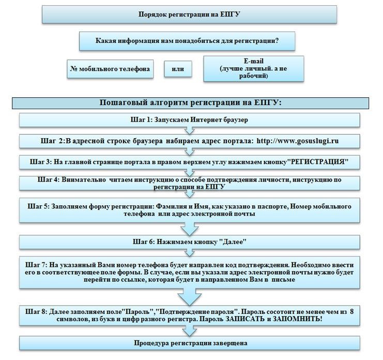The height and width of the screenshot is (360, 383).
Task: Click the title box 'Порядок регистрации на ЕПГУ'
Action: [x=189, y=14]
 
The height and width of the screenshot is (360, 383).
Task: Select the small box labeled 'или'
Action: [x=178, y=69]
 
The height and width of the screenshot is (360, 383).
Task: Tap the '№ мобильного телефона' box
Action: [x=110, y=69]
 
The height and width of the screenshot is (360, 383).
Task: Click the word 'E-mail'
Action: [x=254, y=61]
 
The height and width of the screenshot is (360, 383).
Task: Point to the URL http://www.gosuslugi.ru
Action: [x=298, y=141]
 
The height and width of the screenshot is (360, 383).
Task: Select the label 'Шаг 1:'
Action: [x=142, y=120]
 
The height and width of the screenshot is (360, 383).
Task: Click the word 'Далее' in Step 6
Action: [x=233, y=242]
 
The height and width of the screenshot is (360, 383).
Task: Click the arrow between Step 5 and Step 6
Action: [x=190, y=229]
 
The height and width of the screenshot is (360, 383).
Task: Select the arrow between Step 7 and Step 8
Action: [x=190, y=297]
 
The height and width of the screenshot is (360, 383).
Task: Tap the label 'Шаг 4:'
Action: [x=49, y=179]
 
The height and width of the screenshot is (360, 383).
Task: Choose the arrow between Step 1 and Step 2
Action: [x=190, y=130]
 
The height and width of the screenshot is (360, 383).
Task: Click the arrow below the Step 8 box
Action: [x=190, y=331]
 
